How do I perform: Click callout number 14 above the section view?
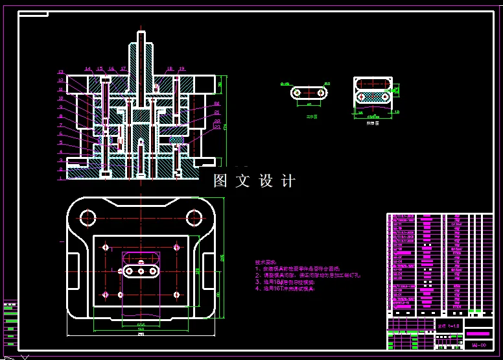88,68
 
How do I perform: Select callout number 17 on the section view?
123,68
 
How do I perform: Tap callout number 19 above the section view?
182,68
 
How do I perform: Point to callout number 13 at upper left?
61,72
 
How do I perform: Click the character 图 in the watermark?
221,181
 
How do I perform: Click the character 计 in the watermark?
288,181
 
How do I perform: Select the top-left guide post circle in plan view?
88,217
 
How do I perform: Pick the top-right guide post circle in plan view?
194,217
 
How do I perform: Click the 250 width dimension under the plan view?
141,335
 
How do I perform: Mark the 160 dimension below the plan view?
141,329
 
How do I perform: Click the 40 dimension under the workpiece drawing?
309,104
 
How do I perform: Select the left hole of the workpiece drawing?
297,93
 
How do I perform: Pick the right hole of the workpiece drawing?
321,93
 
